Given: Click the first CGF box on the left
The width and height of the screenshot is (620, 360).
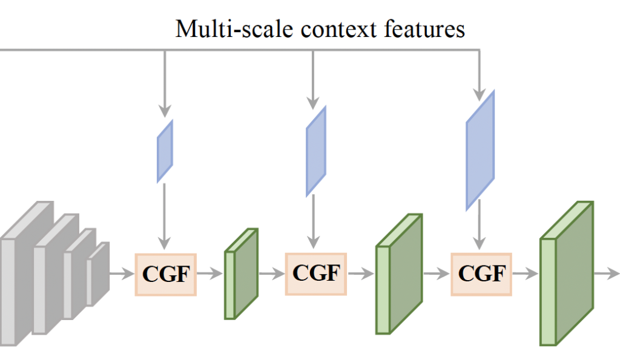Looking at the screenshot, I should (x=165, y=274).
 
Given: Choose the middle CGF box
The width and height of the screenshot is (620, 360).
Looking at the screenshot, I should (x=315, y=273).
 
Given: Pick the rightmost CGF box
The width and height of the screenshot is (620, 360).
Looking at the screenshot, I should (x=481, y=273).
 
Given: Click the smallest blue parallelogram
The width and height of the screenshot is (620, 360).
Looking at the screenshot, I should (x=165, y=151).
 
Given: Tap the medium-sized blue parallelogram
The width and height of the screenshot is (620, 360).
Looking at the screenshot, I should (x=316, y=151).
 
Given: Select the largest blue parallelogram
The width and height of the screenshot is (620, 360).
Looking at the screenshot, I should (x=480, y=150).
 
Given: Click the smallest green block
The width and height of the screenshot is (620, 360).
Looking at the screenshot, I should (x=242, y=274).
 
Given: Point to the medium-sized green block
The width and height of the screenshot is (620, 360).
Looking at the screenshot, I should (x=398, y=274).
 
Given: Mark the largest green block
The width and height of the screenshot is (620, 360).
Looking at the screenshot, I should (x=566, y=273).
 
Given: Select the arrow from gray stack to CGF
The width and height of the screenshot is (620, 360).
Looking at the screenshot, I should (x=121, y=274).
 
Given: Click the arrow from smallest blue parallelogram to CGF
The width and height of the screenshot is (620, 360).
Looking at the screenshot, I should (x=165, y=215).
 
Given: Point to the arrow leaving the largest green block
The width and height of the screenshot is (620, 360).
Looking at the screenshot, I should (x=605, y=273).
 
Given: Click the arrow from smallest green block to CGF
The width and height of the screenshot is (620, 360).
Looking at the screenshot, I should (x=271, y=273).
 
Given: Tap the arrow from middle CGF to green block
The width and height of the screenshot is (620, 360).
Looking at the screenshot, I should (x=361, y=273).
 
